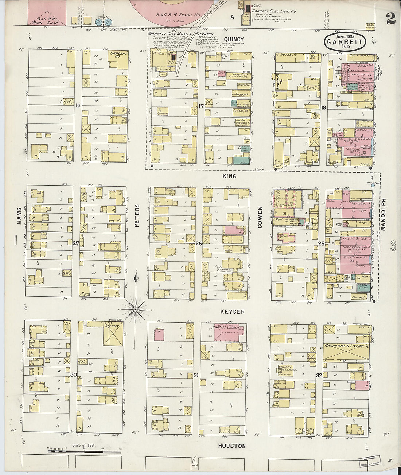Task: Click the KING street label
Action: point(229,176)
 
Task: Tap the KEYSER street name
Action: point(232,312)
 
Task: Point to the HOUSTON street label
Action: point(232,446)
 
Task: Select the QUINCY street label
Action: point(234,40)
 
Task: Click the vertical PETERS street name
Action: point(137,216)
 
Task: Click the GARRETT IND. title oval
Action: point(345,42)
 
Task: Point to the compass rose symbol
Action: point(135,310)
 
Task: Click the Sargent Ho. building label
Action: point(119,55)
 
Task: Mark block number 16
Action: point(78,106)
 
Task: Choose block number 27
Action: point(75,243)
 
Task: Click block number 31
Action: point(196,375)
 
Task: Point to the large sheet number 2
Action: point(390,18)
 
